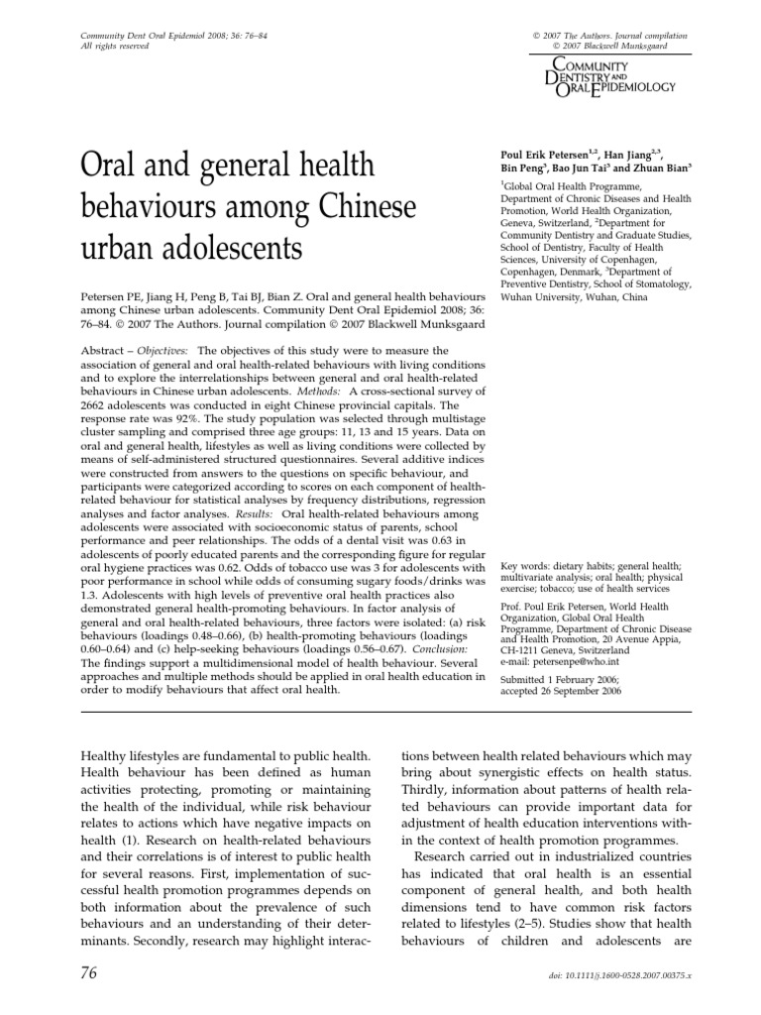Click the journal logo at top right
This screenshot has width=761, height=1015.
pos(603,74)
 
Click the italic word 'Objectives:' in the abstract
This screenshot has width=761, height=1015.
pos(164,351)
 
